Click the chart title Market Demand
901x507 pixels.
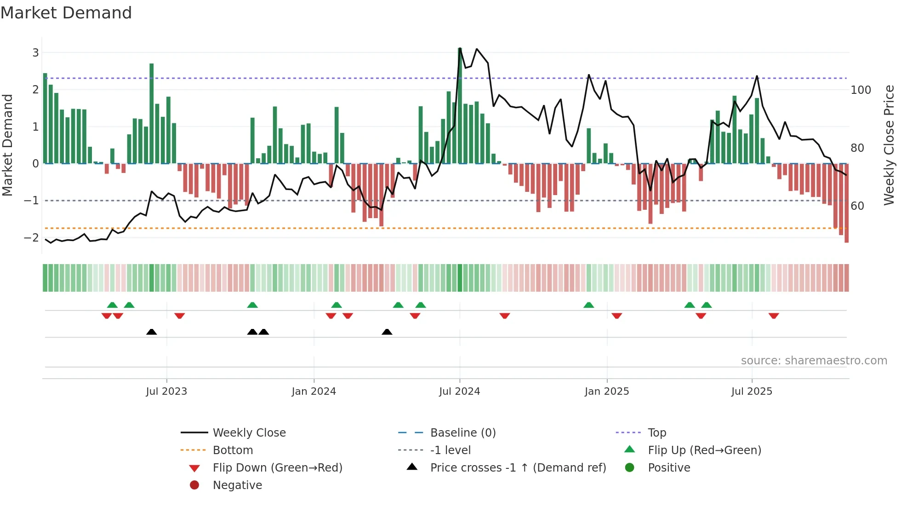click(x=66, y=12)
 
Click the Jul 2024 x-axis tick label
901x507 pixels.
click(x=459, y=392)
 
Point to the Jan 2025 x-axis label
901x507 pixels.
click(x=606, y=392)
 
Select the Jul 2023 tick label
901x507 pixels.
click(x=166, y=392)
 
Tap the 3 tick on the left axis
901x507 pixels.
click(x=35, y=52)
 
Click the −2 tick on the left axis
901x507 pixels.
click(x=32, y=237)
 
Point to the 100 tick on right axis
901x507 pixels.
click(x=861, y=90)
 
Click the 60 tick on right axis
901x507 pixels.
click(x=857, y=206)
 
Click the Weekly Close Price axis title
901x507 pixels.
click(x=889, y=145)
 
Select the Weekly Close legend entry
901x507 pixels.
click(x=249, y=432)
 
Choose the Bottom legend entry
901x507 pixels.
click(x=233, y=450)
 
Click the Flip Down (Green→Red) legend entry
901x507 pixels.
click(x=277, y=467)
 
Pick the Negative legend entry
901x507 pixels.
click(x=237, y=485)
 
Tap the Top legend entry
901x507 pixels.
click(x=657, y=432)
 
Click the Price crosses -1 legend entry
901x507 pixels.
click(x=518, y=467)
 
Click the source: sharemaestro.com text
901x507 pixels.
click(x=814, y=360)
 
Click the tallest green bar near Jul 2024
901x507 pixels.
click(x=460, y=106)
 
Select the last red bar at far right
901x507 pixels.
click(x=846, y=202)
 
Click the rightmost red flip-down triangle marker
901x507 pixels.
click(x=774, y=316)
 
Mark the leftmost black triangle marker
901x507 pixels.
click(x=151, y=332)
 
